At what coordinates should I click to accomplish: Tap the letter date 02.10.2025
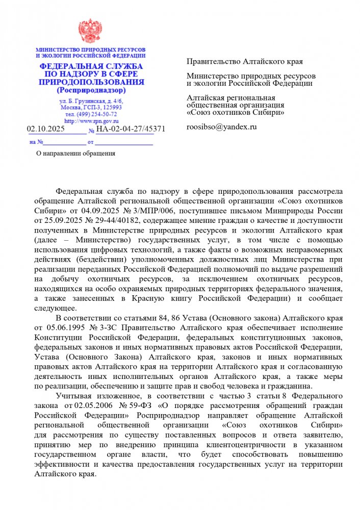pyautogui.click(x=46, y=129)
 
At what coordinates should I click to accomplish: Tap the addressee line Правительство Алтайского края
pyautogui.click(x=245, y=62)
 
